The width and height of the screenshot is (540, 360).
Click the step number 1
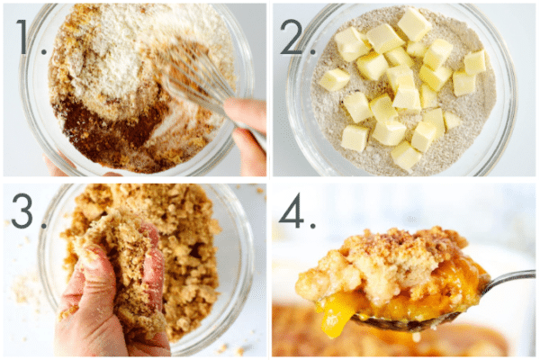(x=26, y=39)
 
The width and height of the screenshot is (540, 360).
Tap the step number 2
(x=294, y=39)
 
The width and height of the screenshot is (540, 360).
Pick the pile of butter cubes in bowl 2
(x=396, y=81)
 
